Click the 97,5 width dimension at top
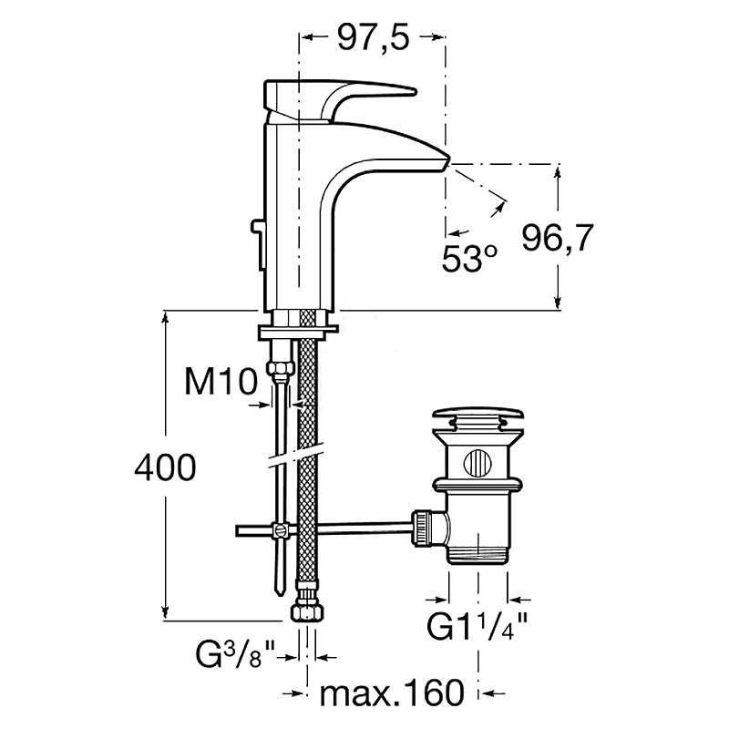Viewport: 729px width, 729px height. tap(374, 37)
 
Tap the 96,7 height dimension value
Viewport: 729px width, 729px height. tap(558, 238)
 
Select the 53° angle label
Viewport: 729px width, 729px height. tap(469, 258)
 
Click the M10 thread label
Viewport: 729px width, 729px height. tap(221, 381)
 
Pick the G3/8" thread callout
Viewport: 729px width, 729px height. tap(234, 655)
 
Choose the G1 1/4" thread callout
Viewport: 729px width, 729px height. tap(477, 627)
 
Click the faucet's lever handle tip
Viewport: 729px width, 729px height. tap(412, 91)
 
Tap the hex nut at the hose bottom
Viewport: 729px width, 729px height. tap(306, 611)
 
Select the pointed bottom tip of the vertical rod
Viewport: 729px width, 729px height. tap(280, 595)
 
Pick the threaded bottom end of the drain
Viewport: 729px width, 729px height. tap(477, 554)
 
